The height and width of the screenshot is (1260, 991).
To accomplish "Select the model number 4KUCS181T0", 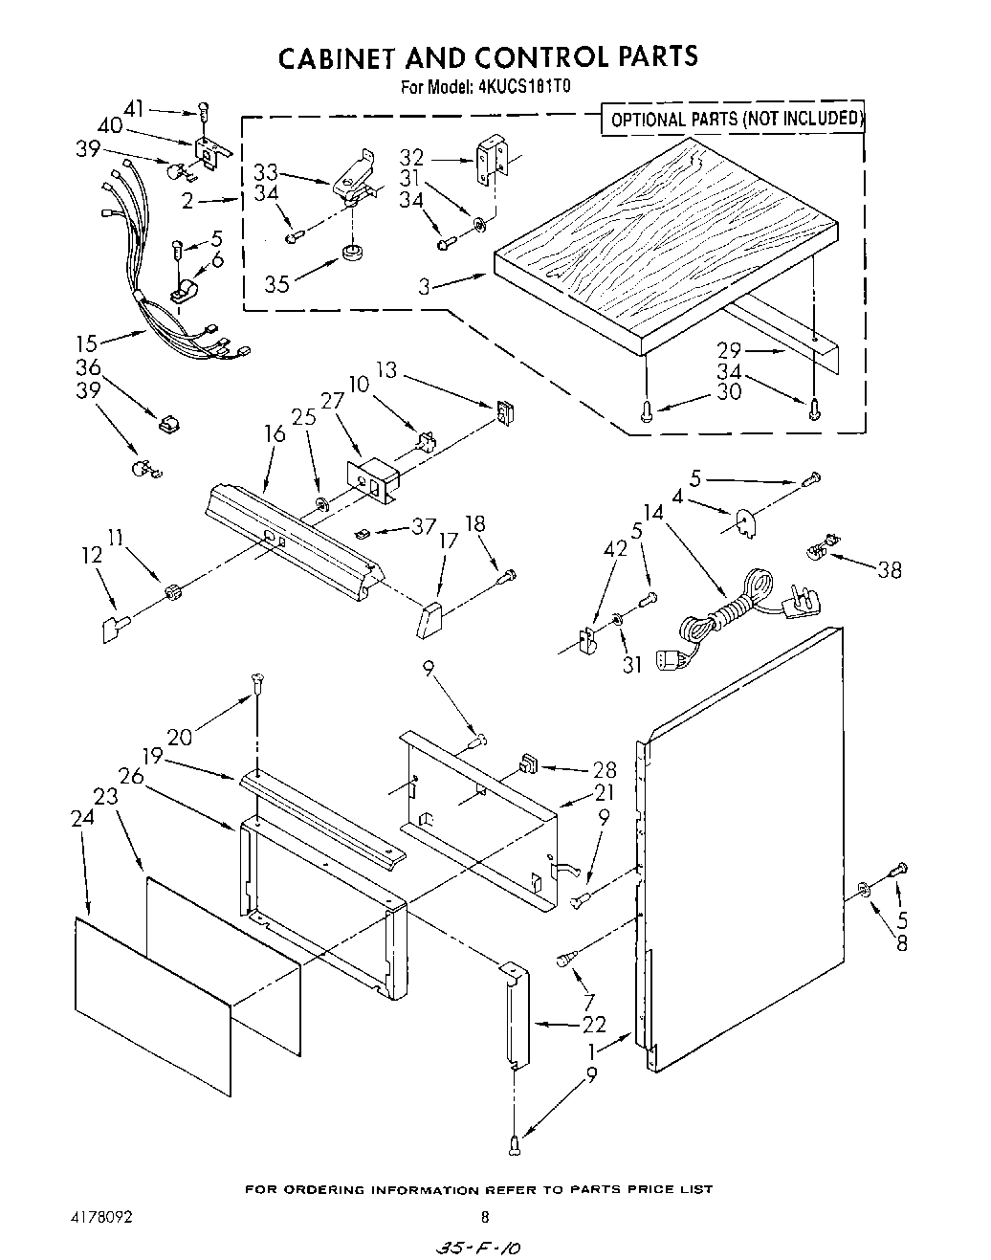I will point(525,86).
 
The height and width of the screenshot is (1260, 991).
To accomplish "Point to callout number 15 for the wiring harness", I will point(88,342).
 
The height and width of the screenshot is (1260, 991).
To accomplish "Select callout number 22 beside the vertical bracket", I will point(594,1024).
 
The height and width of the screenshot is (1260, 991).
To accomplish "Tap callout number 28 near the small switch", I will point(604,769).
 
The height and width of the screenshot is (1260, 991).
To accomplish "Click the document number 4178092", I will point(99,1217).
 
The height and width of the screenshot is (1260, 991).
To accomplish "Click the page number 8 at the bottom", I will point(485,1217).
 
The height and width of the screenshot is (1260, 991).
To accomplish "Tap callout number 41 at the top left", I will point(137,110).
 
